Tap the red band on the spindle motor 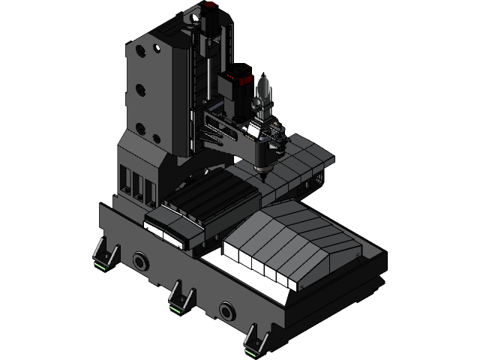242,75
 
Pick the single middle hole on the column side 140,91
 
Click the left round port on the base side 139,261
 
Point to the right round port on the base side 226,309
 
